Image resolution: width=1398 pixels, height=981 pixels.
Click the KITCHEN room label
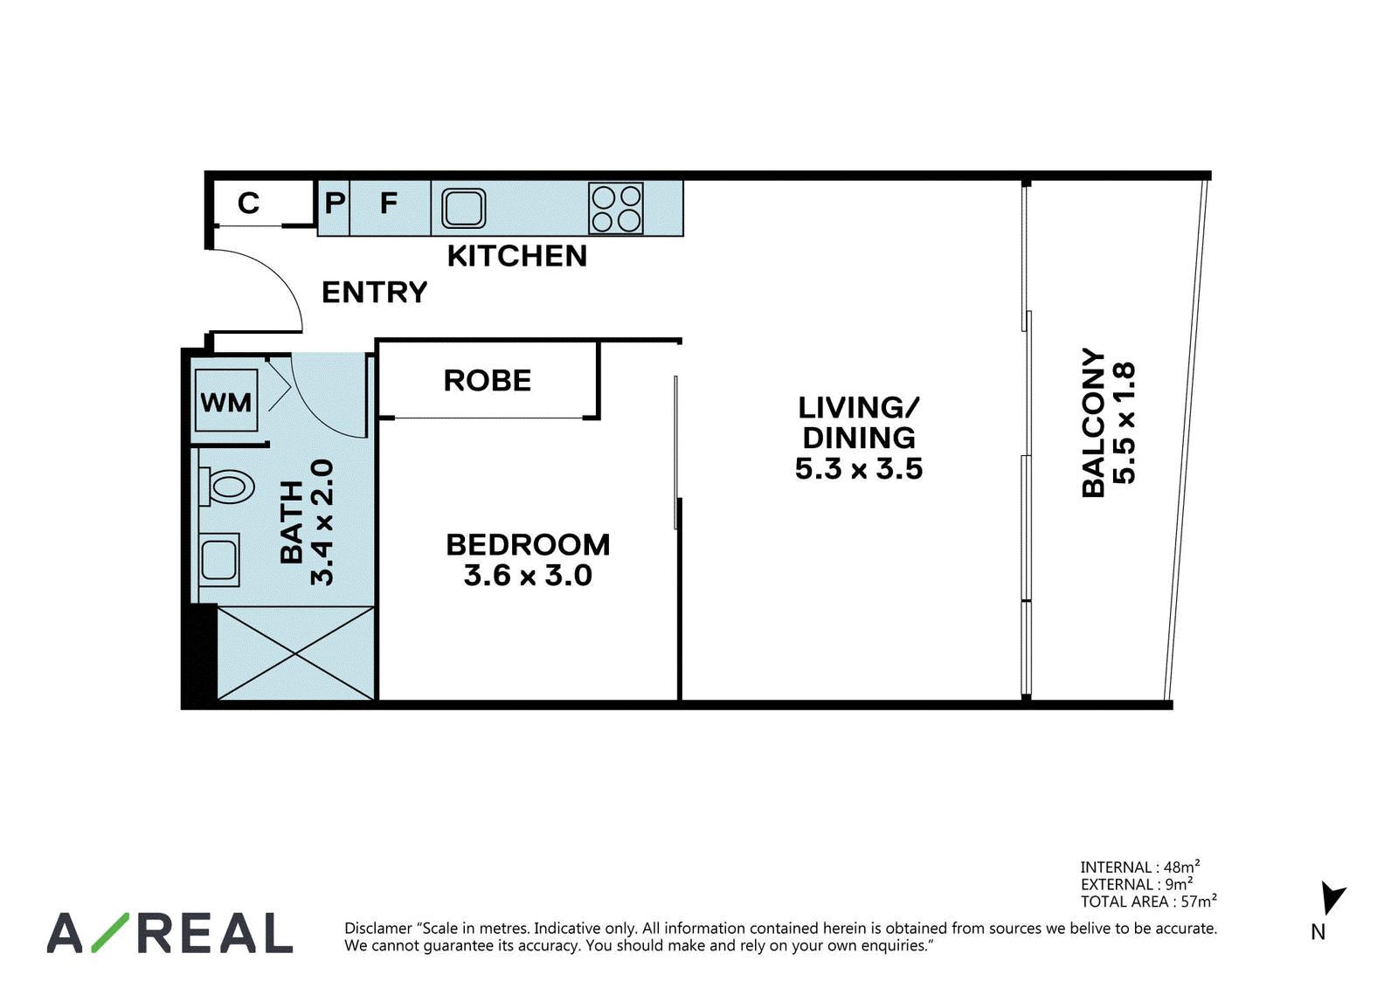click(516, 256)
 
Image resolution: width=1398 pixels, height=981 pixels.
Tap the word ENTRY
click(375, 292)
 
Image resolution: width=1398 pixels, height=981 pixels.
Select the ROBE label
click(487, 380)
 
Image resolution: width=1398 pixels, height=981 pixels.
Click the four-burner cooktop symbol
click(615, 208)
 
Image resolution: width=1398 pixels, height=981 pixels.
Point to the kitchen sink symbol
click(464, 208)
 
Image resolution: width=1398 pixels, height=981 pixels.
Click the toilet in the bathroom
click(226, 487)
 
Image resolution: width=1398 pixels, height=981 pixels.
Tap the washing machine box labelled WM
click(226, 401)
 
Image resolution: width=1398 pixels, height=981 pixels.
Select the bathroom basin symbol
click(219, 559)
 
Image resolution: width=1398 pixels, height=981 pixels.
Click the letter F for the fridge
click(388, 203)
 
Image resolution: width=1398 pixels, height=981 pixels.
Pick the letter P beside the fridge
click(335, 203)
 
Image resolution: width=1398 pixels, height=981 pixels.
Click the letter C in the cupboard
click(248, 203)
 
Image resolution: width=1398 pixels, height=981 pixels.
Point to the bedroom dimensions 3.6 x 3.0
click(528, 575)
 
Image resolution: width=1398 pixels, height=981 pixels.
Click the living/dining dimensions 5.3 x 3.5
click(858, 468)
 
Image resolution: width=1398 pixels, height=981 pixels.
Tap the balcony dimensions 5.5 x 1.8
click(1124, 423)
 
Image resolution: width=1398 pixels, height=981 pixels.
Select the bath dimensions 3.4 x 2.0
click(322, 522)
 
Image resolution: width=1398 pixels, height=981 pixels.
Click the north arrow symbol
click(1332, 898)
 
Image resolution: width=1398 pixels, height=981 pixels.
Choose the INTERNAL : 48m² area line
click(1139, 867)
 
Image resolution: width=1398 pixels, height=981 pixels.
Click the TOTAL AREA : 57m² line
click(1148, 902)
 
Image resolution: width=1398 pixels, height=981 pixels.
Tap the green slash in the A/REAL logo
click(110, 932)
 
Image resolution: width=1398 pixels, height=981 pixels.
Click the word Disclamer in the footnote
click(378, 928)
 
